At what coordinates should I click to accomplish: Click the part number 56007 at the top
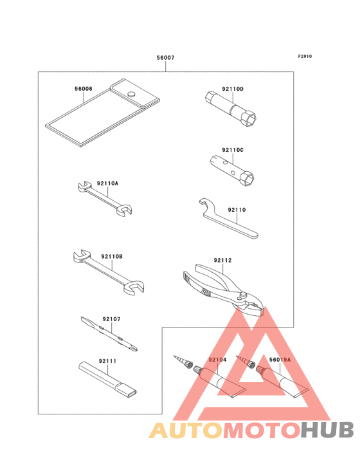point(165,58)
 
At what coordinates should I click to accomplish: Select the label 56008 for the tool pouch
point(84,89)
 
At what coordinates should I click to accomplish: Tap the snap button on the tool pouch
point(131,93)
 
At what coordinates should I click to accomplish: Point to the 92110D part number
point(233,89)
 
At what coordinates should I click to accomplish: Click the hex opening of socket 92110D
point(251,118)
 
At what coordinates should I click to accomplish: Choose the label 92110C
point(233,150)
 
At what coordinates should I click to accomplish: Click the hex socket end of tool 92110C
point(248,178)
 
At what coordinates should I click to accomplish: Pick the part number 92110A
point(107,183)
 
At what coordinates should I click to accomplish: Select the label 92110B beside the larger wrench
point(112,257)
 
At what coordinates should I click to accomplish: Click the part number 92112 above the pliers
point(222,260)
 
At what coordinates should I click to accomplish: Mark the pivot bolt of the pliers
point(244,295)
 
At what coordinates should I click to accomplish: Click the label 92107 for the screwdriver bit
point(111,319)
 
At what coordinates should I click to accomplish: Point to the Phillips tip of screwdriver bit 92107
point(135,348)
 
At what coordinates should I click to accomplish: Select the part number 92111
point(107,361)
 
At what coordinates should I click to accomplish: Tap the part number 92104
point(217,360)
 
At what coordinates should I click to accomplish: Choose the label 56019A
point(280,360)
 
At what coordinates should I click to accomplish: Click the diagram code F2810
point(305,56)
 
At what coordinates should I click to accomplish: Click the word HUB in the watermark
point(328,430)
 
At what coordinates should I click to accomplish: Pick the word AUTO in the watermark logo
point(186,430)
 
